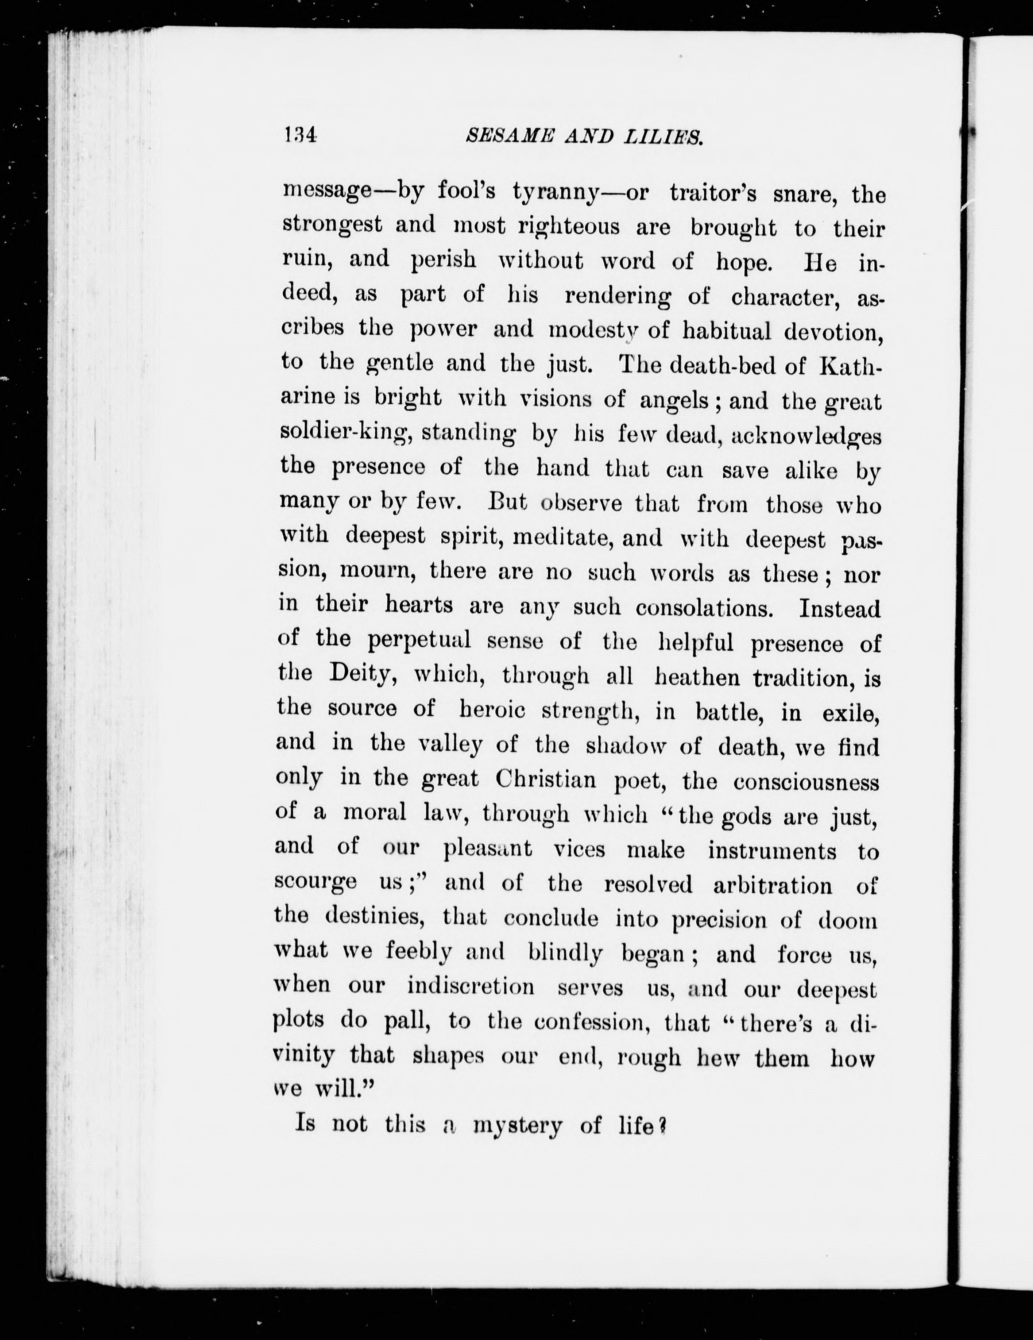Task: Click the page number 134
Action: (x=300, y=136)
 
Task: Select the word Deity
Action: (x=365, y=674)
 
